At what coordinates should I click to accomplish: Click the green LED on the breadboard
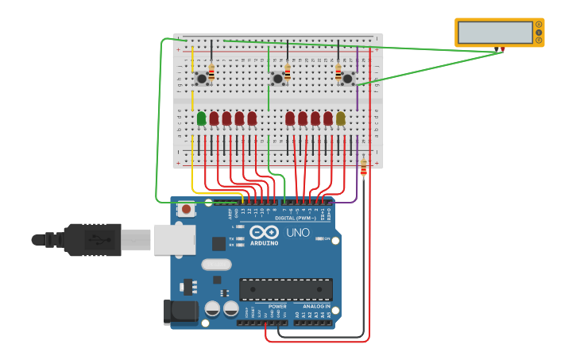coord(201,118)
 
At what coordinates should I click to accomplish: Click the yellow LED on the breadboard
coord(341,118)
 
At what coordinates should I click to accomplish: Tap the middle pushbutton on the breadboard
coord(277,78)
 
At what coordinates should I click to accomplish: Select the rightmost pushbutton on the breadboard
coord(347,78)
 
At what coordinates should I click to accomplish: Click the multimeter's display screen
coord(496,33)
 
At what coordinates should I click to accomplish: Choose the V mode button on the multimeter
coord(539,33)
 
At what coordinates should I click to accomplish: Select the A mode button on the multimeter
coord(539,25)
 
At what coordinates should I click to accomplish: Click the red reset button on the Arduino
coord(186,210)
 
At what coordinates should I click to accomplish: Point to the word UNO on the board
coord(297,233)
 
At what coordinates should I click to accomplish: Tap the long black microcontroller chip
coord(286,289)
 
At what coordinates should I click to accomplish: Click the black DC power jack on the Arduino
coord(180,312)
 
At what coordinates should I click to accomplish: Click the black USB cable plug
coord(91,239)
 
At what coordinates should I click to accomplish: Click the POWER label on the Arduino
coord(277,306)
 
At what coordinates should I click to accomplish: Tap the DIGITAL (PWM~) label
coord(294,217)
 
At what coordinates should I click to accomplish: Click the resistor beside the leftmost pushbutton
coord(211,72)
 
